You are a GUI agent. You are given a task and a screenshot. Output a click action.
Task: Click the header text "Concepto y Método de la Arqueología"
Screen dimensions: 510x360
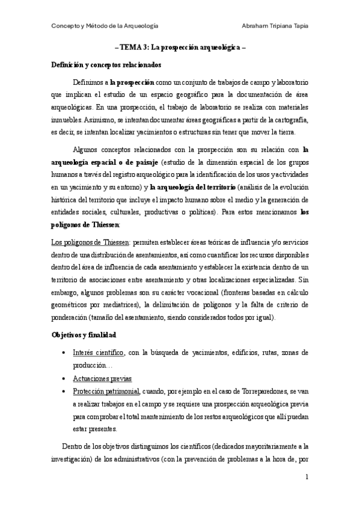[x=105, y=25]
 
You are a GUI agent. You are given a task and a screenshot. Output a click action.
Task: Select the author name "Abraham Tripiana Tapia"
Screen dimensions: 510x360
[x=275, y=25]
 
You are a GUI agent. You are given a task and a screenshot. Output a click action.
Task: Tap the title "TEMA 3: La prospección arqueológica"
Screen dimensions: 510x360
[x=180, y=47]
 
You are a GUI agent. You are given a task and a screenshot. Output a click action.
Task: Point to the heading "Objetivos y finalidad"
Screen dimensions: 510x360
[x=84, y=334]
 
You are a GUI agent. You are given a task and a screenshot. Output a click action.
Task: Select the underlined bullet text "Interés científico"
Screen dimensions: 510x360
[x=98, y=351]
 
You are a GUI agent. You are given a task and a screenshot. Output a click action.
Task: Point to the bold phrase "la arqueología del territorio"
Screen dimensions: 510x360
[x=194, y=187]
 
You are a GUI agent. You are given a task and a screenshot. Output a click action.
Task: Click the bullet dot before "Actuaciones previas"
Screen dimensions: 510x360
[x=64, y=378]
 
